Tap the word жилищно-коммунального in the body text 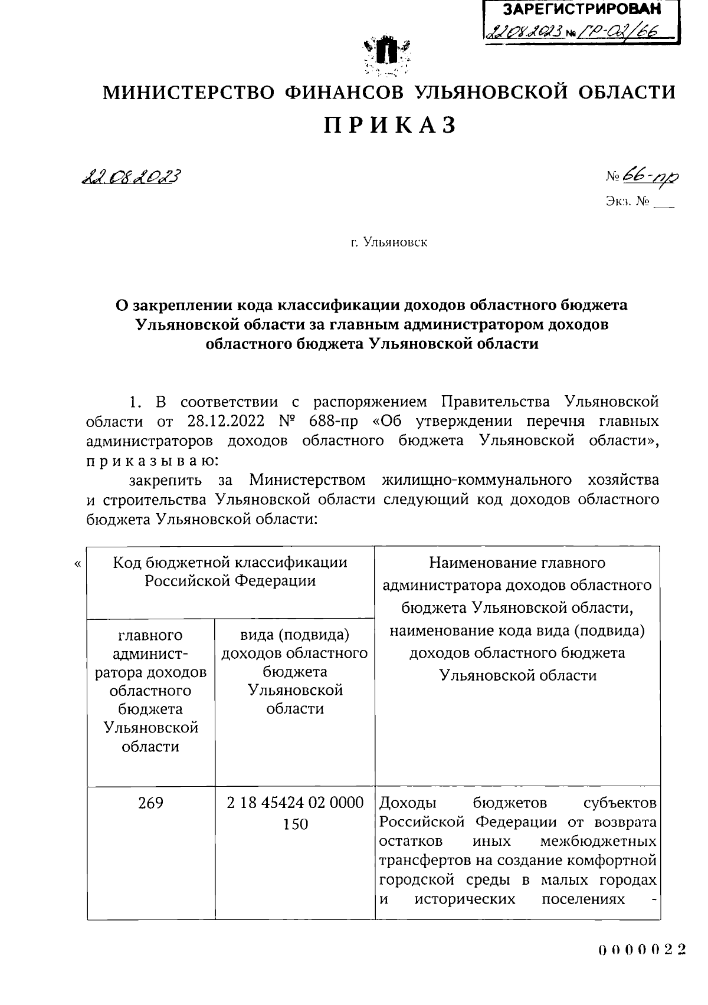[477, 479]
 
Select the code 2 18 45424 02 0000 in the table [295, 803]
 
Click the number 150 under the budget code [295, 824]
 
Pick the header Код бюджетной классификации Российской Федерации [230, 572]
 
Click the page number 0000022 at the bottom [642, 950]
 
